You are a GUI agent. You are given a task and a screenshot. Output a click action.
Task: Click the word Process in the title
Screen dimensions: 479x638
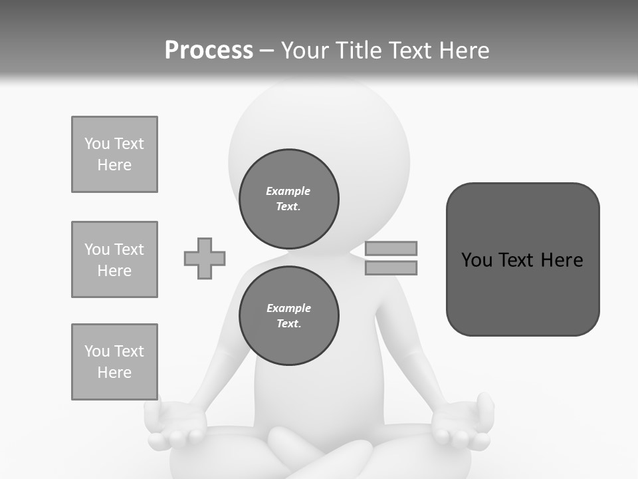point(209,51)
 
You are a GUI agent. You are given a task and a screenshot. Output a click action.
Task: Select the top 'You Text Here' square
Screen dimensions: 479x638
point(114,154)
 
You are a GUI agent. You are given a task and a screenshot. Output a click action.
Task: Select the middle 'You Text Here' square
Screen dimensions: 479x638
point(114,259)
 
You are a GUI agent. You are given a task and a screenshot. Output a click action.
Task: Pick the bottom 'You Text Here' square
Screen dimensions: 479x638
point(114,362)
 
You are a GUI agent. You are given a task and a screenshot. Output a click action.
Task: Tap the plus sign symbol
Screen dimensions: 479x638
point(205,258)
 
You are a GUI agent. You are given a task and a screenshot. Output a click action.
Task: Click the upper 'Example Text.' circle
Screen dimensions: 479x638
point(289,199)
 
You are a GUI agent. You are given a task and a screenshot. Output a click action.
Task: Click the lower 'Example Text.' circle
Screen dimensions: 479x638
point(289,315)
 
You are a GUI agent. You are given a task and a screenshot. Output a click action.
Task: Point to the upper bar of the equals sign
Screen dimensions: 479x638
point(391,248)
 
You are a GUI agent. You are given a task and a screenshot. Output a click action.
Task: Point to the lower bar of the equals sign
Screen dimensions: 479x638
point(391,267)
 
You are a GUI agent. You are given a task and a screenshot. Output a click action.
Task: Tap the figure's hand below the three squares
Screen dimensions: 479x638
point(175,426)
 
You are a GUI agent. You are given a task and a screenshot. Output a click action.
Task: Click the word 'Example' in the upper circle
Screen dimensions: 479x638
point(288,191)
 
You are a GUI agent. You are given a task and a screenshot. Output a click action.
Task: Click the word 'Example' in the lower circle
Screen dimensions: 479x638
point(288,308)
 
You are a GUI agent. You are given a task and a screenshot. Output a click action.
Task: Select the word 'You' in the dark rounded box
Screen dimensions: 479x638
point(477,260)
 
